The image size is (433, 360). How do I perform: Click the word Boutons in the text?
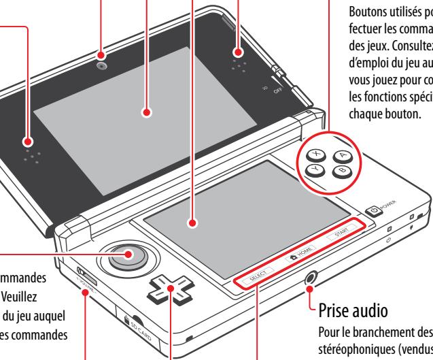368,12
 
